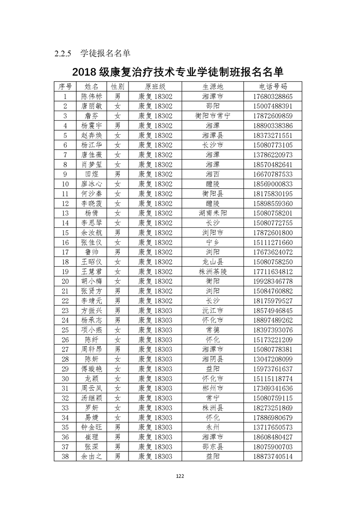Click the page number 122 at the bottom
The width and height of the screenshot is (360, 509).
coord(180,476)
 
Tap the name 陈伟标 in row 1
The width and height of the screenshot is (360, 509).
coord(91,97)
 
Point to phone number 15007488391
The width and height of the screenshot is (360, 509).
coord(273,106)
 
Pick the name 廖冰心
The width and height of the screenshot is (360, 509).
coord(91,184)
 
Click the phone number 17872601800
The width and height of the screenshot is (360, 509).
coord(273,232)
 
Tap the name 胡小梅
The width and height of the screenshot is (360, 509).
coord(91,281)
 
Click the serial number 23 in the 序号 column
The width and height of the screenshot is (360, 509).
coord(65,310)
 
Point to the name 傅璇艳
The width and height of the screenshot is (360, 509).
coord(91,369)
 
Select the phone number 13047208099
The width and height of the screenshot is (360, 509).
coord(273,359)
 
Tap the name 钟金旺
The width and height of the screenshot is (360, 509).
coord(91,427)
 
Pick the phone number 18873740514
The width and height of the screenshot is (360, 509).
coord(273,456)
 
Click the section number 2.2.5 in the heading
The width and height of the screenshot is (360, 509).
coord(63,54)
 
